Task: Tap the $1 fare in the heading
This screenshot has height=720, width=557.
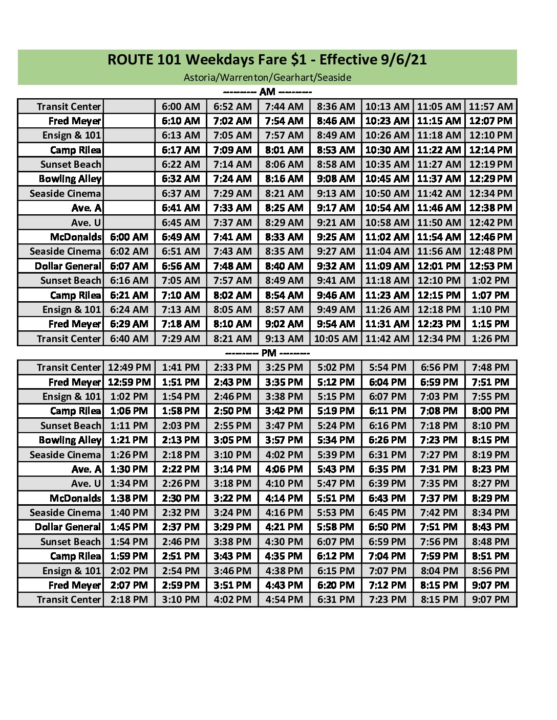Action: [x=298, y=60]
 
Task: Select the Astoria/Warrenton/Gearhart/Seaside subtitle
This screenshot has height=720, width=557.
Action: [x=267, y=77]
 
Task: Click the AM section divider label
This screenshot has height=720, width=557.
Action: [x=267, y=92]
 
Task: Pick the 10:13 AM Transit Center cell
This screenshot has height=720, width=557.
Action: [x=387, y=106]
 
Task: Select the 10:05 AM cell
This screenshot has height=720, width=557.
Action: [x=335, y=339]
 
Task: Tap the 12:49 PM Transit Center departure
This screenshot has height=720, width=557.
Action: [x=129, y=368]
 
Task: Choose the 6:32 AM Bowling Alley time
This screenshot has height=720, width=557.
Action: [x=181, y=179]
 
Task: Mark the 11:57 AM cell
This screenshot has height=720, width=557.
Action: [x=490, y=106]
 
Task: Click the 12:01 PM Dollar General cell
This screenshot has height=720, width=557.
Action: [x=439, y=266]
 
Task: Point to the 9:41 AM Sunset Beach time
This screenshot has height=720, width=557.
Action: [x=335, y=281]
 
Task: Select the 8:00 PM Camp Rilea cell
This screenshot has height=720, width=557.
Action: [x=490, y=411]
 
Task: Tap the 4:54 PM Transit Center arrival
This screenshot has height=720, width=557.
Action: [x=284, y=599]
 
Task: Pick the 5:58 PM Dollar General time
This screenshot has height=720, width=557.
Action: [x=335, y=527]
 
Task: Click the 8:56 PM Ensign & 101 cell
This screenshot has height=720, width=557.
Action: [x=490, y=571]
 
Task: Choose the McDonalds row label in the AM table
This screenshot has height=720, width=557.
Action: [x=76, y=237]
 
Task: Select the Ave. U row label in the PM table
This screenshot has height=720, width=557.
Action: [x=86, y=483]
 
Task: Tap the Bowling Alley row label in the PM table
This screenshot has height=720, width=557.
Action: [x=70, y=440]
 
